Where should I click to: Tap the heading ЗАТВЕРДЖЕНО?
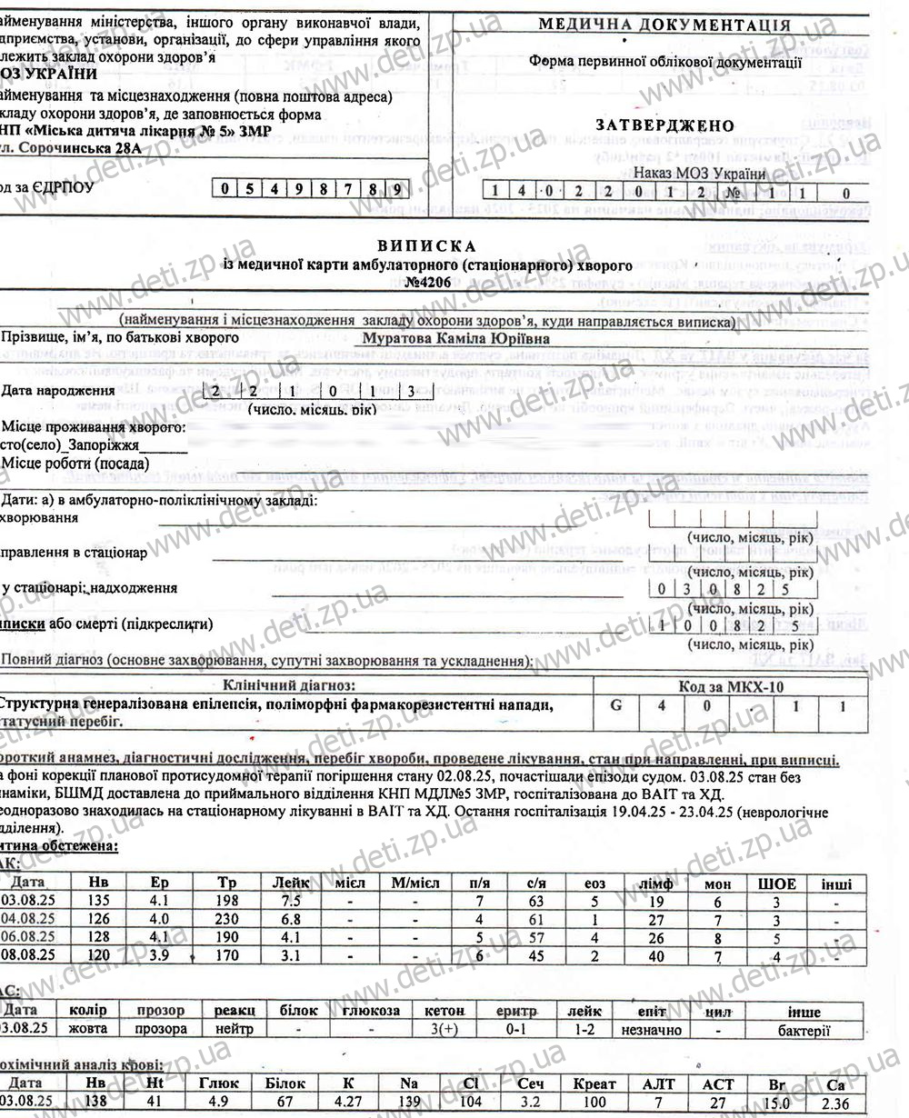[664, 126]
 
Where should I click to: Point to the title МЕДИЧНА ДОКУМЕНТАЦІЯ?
[664, 25]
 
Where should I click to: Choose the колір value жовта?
[87, 1029]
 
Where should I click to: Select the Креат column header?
[594, 1083]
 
